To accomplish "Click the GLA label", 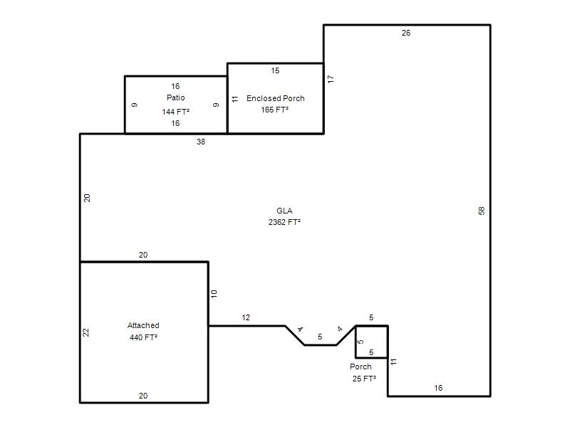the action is pyautogui.click(x=284, y=211).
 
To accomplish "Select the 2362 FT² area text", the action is pyautogui.click(x=284, y=222).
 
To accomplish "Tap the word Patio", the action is pyautogui.click(x=175, y=97).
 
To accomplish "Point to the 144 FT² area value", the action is pyautogui.click(x=175, y=112).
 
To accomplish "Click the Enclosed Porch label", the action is pyautogui.click(x=276, y=98).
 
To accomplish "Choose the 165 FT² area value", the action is pyautogui.click(x=275, y=110).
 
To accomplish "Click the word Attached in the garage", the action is pyautogui.click(x=143, y=325).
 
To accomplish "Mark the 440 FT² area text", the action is pyautogui.click(x=144, y=337).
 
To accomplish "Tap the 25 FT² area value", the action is pyautogui.click(x=364, y=379).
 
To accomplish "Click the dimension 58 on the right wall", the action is pyautogui.click(x=482, y=211).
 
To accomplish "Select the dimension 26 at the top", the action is pyautogui.click(x=406, y=33).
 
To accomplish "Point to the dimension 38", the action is pyautogui.click(x=201, y=142).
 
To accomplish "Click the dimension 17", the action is pyautogui.click(x=331, y=79).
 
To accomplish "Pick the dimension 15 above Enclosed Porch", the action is pyautogui.click(x=275, y=70).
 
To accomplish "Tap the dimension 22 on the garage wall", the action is pyautogui.click(x=85, y=332).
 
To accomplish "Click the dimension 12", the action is pyautogui.click(x=246, y=317).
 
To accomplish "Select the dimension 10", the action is pyautogui.click(x=214, y=294).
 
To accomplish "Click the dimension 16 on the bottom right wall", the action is pyautogui.click(x=438, y=388).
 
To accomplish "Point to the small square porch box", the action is pyautogui.click(x=356, y=342).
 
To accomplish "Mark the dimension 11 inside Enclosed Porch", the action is pyautogui.click(x=235, y=99).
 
